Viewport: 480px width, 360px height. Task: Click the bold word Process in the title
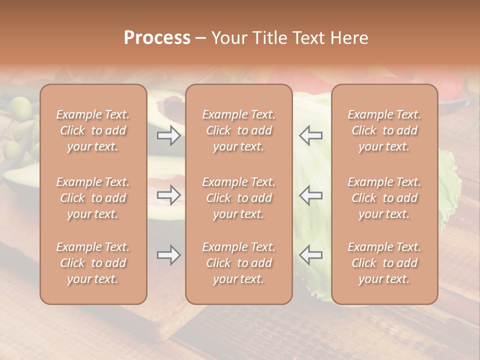click(x=157, y=38)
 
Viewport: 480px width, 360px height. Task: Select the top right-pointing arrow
click(x=169, y=135)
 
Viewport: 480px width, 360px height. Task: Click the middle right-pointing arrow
click(x=169, y=195)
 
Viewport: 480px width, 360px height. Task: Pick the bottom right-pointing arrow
click(x=169, y=255)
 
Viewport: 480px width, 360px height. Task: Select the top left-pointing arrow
click(x=310, y=135)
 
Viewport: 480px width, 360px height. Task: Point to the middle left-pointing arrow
click(x=310, y=195)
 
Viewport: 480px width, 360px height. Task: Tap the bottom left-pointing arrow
click(x=310, y=255)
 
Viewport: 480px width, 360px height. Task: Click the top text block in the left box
click(x=93, y=130)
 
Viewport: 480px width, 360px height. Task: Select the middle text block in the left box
click(x=93, y=198)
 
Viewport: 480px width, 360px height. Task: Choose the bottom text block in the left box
click(x=93, y=263)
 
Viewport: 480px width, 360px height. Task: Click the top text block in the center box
click(x=238, y=130)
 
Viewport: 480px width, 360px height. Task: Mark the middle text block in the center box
click(x=238, y=198)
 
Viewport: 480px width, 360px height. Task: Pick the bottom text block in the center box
click(x=238, y=263)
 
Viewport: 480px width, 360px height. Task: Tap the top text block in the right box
click(x=384, y=130)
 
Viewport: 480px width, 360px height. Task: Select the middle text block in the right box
click(x=384, y=198)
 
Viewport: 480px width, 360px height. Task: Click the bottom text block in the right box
click(x=384, y=263)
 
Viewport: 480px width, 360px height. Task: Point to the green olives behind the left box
click(x=21, y=107)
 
